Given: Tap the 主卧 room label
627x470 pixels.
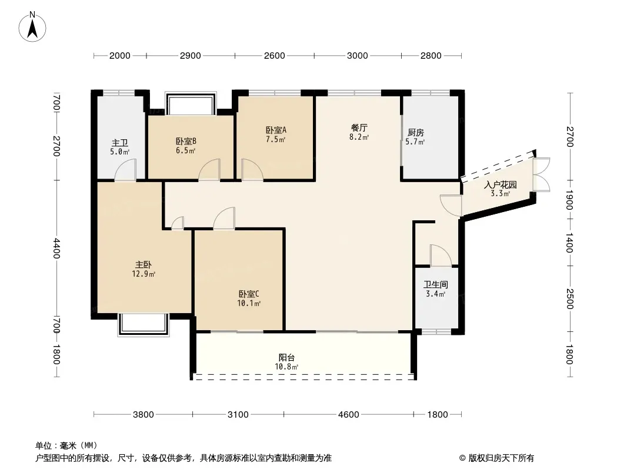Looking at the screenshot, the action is pos(143,264).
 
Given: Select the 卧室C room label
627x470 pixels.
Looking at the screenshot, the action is pos(249,294).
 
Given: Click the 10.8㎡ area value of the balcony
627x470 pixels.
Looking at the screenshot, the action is pos(286,367).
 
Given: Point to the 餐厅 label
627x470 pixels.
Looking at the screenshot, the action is pos(359,128).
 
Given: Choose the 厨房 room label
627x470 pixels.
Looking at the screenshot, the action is pos(415,132).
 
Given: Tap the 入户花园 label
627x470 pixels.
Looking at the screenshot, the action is pos(500,185).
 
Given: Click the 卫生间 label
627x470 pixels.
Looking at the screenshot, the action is pos(435,285).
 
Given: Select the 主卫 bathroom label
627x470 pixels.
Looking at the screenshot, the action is pos(119,143).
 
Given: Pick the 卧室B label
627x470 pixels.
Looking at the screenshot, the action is pos(186,141).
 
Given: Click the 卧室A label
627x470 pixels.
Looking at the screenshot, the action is pos(276,130).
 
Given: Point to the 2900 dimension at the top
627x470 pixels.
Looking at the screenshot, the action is pos(191,55).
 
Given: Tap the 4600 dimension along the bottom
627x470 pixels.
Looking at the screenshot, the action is pos(348,415).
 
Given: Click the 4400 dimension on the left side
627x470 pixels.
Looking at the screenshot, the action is pos(56,248).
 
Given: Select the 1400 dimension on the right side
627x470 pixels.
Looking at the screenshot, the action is pos(569,243).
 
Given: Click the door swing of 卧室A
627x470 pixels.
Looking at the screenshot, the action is pos(252,170).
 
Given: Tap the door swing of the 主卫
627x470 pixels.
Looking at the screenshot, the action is pos(125,170).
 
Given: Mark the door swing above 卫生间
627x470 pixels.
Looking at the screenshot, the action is pos(441,255).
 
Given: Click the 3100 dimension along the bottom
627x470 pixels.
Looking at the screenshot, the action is pos(238,415).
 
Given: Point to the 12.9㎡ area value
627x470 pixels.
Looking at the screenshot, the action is pos(143,274).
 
